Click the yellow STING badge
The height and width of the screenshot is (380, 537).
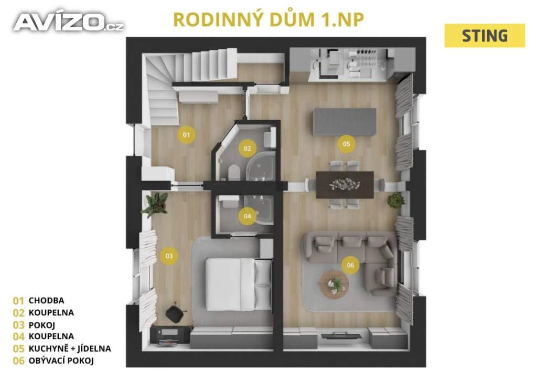point(485,36)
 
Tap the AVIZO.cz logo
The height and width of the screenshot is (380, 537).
point(68,22)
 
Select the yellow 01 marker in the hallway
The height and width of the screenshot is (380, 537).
point(186,135)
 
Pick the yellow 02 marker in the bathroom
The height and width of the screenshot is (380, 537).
point(248,149)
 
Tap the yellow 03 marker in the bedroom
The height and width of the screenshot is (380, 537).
point(169,256)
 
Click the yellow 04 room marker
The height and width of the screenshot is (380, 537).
point(248,216)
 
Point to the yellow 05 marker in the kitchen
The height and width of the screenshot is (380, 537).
point(346,144)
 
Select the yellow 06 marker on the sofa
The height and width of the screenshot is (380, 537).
point(350,265)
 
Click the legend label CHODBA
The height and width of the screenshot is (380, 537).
point(46,301)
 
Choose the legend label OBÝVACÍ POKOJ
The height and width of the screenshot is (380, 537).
point(61,361)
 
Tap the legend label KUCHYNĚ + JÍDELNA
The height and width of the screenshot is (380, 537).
point(70,349)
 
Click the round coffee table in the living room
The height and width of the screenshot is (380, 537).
point(334,284)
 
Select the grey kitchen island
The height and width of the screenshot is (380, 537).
point(345,122)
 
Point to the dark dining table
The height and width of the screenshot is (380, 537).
point(345,185)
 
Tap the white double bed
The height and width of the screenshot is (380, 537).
point(239,284)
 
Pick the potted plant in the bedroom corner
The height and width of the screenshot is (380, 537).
point(156,204)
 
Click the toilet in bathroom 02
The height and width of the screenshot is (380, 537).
point(234,172)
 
